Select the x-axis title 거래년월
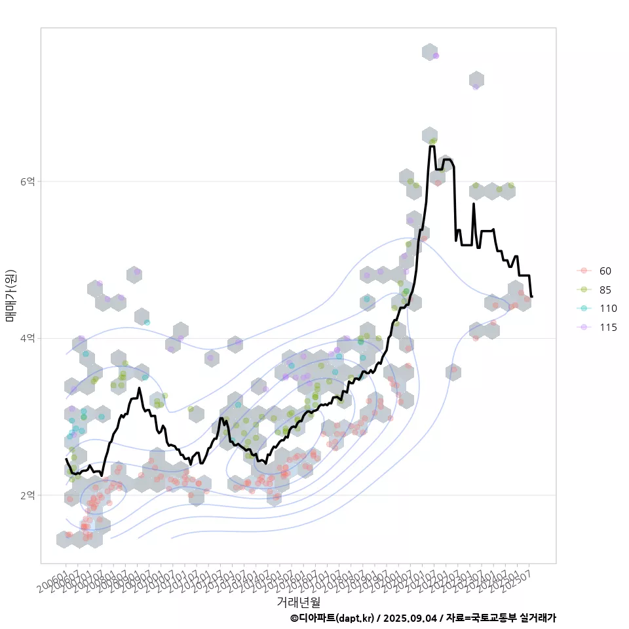click(298, 601)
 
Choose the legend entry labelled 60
click(605, 271)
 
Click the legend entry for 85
click(605, 290)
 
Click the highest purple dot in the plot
click(436, 56)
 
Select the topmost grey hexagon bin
click(430, 52)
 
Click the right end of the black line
click(531, 297)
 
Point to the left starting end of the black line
click(66, 459)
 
